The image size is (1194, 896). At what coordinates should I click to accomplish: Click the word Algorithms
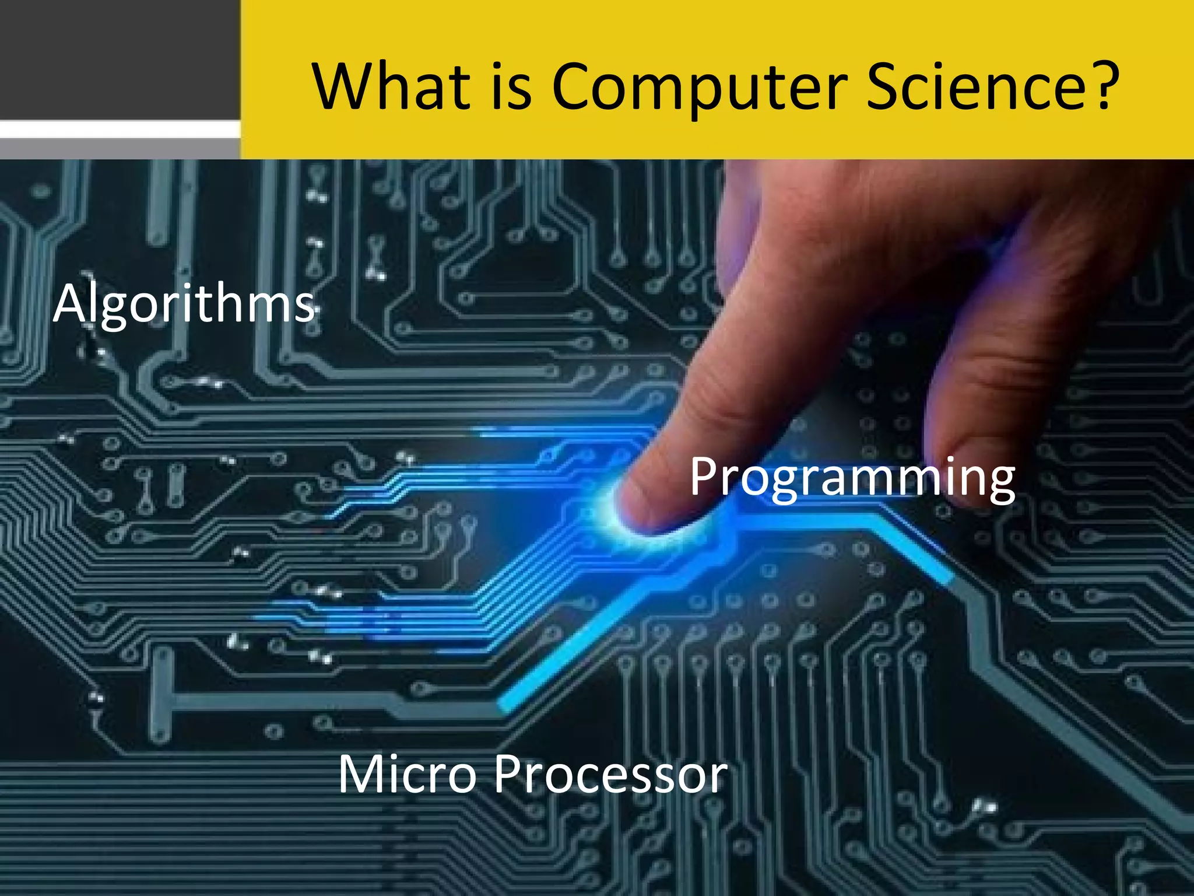pyautogui.click(x=184, y=304)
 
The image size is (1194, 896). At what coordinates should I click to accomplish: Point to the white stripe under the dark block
pyautogui.click(x=120, y=129)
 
